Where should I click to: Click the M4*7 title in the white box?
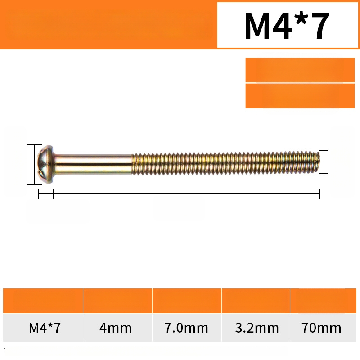click(287, 26)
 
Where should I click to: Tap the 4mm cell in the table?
click(116, 328)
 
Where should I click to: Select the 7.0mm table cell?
click(186, 328)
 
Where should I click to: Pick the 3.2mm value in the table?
click(256, 328)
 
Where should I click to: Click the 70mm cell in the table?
click(321, 328)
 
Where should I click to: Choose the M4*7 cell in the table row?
click(45, 328)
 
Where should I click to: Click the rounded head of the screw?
click(46, 164)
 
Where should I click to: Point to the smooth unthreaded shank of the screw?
click(94, 164)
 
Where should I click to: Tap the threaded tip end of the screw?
click(316, 162)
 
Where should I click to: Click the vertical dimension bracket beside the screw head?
click(35, 164)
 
